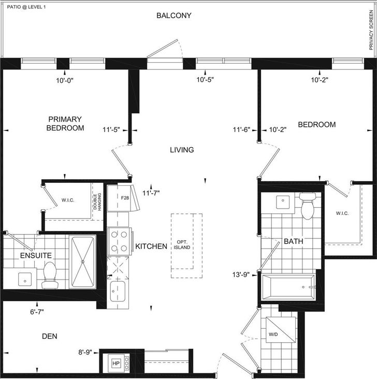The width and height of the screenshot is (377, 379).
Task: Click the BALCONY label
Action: (174, 16)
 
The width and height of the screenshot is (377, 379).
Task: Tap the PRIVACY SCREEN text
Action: (371, 30)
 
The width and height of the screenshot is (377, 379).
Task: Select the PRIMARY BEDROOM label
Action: (65, 124)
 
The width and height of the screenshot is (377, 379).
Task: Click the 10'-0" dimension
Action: (65, 80)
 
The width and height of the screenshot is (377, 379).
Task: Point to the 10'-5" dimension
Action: (205, 80)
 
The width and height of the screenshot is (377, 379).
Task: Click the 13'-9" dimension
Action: (241, 275)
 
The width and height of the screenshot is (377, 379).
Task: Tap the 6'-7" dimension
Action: (37, 312)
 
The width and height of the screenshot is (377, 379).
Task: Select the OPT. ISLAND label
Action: (182, 244)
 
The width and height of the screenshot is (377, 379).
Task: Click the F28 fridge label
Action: (125, 198)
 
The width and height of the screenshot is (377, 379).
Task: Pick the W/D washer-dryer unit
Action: (281, 330)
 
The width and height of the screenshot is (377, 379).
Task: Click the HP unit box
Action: (116, 363)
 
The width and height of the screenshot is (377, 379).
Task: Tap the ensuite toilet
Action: (50, 275)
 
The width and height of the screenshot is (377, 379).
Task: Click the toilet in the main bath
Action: (308, 206)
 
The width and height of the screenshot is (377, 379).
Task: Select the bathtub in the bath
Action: (289, 287)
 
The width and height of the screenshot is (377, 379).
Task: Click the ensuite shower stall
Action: (83, 261)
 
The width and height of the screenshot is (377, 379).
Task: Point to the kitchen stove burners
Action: (120, 241)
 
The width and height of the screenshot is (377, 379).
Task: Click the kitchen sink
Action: (118, 291)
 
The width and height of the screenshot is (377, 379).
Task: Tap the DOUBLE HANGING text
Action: (98, 201)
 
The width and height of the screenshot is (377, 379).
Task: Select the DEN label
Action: (50, 336)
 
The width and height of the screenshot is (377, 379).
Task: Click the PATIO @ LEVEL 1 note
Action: (26, 7)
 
